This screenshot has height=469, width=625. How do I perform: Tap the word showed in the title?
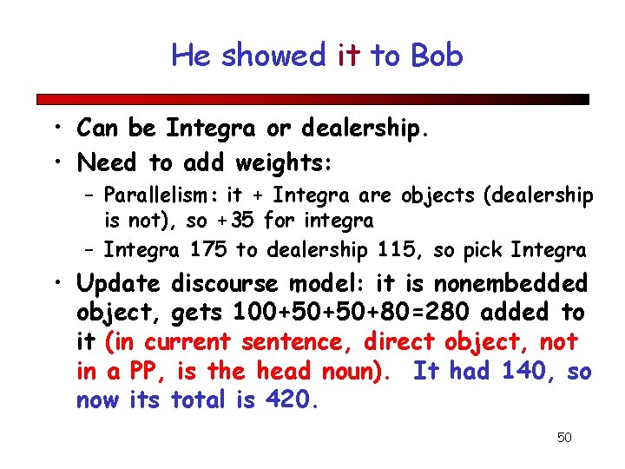[x=273, y=56]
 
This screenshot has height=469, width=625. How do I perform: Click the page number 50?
[x=564, y=437]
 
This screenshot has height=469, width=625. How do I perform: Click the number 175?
[x=208, y=251]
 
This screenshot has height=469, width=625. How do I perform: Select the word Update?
[x=119, y=283]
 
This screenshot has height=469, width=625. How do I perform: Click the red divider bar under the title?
[x=312, y=99]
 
